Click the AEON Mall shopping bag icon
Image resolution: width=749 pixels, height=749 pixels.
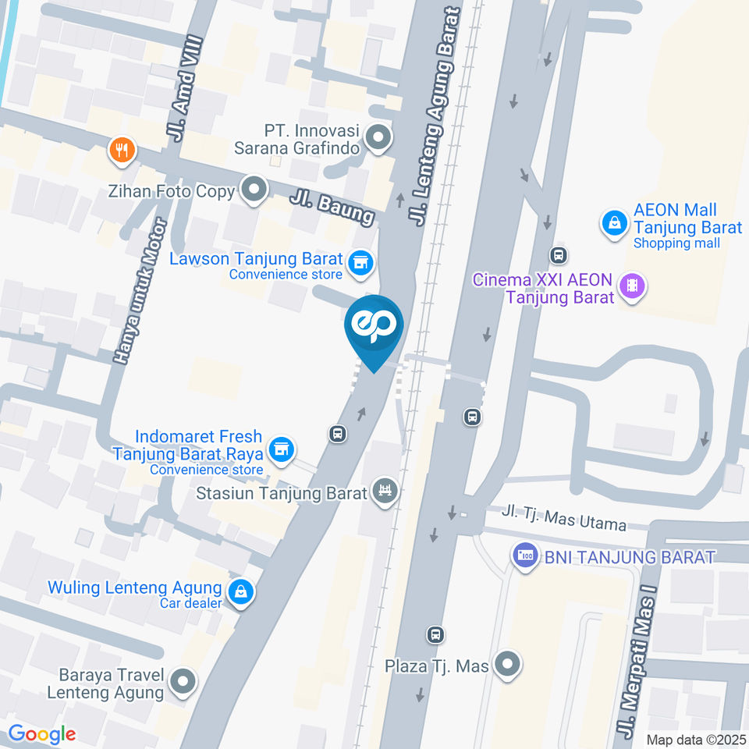615,222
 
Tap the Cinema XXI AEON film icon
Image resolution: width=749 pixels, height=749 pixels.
631,287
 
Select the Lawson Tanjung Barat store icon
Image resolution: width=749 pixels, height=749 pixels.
360,263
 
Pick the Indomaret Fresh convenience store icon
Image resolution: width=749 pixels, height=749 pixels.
281,449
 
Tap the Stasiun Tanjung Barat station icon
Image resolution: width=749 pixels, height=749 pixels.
384,492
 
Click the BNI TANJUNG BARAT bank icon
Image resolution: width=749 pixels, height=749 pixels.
524,556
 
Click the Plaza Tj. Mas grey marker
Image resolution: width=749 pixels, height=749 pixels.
508,665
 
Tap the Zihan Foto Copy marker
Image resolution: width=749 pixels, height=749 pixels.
254,190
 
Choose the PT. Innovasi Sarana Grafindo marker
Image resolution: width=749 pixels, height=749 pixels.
378,139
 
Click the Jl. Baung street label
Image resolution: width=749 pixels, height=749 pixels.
332,204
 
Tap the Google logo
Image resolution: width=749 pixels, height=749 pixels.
41,733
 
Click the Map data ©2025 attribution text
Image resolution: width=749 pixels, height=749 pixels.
695,739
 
